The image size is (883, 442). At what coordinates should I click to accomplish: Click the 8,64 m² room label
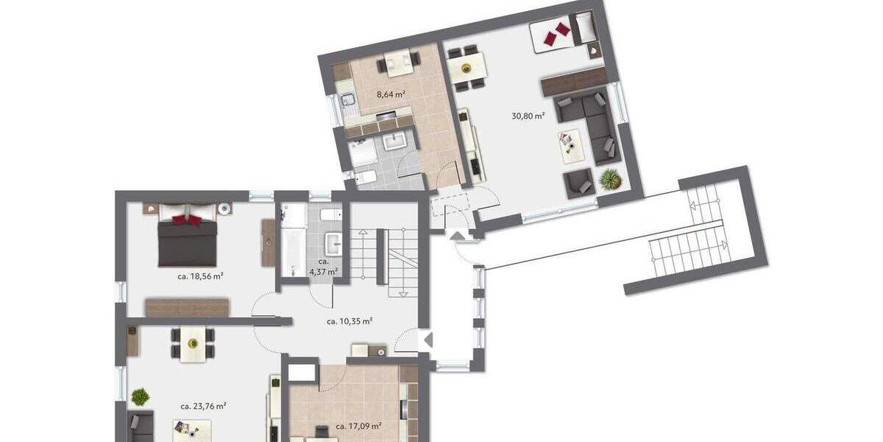click(391, 94)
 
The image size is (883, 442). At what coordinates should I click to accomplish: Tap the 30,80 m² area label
click(528, 116)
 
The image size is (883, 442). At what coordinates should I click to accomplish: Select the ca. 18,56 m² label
click(200, 276)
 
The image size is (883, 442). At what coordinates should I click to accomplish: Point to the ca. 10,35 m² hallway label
click(349, 321)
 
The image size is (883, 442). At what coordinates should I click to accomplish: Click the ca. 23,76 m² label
click(202, 406)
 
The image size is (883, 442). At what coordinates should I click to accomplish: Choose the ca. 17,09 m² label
click(358, 426)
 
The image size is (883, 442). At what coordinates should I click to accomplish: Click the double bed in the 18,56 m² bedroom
click(188, 240)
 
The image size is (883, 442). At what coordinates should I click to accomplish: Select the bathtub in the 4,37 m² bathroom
click(294, 240)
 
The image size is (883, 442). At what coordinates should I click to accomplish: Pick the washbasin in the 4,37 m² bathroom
click(333, 242)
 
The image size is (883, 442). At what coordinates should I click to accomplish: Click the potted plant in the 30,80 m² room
click(610, 179)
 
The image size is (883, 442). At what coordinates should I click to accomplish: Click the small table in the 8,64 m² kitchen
click(398, 65)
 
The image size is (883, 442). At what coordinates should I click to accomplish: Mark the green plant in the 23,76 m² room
click(140, 397)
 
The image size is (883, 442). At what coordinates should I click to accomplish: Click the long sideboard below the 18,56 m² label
click(187, 307)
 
